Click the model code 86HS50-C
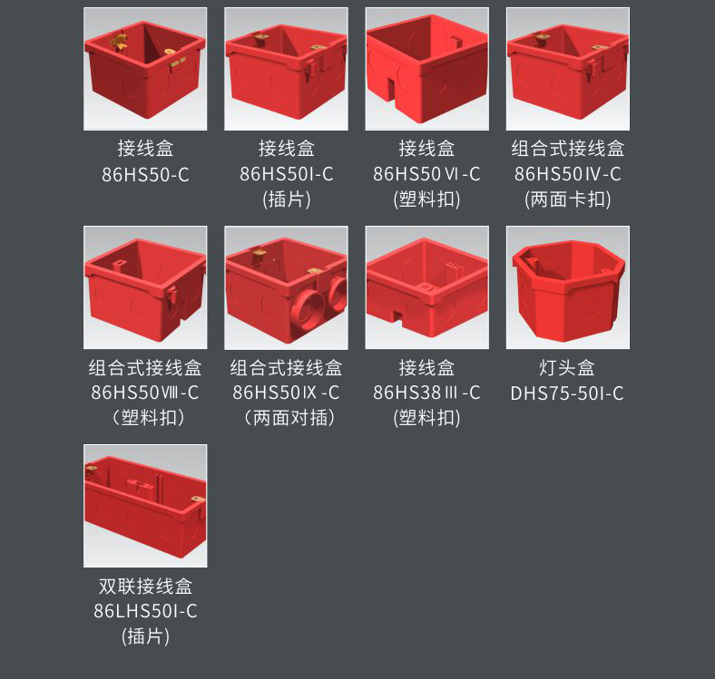point(145,175)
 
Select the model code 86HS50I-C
point(287,174)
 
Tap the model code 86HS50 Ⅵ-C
point(426,174)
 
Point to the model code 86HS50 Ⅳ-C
point(568,174)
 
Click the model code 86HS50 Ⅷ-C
point(145,393)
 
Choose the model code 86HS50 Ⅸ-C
point(286,393)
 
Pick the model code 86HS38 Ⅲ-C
point(426,393)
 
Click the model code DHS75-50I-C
point(567,393)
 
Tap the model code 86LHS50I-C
point(145,611)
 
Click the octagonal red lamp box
point(568,291)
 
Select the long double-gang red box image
point(145,506)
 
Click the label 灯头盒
point(567,367)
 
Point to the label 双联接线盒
point(145,586)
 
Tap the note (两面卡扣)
point(568,199)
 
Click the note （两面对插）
point(286,417)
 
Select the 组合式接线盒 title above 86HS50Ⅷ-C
point(145,367)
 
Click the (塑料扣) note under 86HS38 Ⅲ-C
point(426,417)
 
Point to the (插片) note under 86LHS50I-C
point(145,636)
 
